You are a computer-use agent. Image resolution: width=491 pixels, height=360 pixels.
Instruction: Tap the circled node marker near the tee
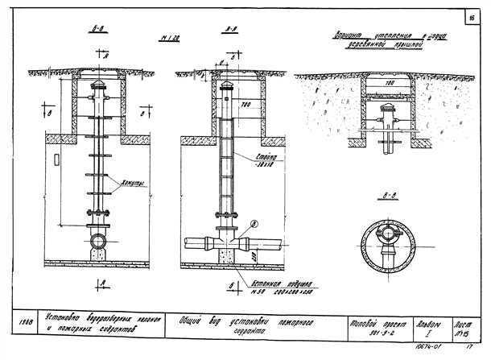coord(254,224)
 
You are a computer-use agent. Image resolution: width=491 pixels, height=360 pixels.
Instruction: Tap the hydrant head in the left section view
coord(98,87)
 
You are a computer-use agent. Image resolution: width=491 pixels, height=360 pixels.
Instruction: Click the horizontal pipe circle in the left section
coord(98,241)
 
